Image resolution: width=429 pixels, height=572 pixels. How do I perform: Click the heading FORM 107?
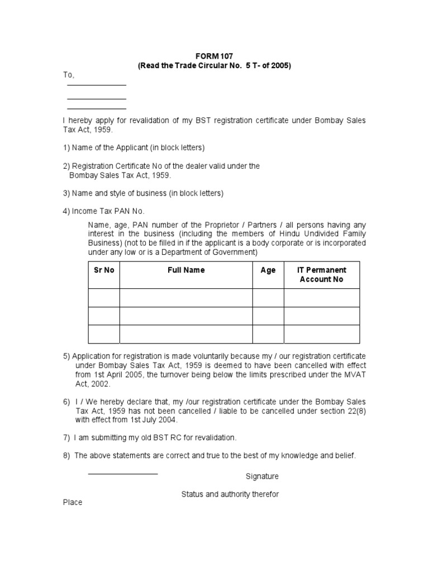(214, 56)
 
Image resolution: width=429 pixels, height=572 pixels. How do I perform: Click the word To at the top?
(68, 75)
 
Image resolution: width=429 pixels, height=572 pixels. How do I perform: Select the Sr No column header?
(103, 270)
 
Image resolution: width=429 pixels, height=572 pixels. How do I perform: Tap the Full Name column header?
(186, 270)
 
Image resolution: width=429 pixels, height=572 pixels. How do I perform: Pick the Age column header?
(268, 270)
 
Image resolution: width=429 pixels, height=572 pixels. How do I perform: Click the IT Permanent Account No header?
(322, 274)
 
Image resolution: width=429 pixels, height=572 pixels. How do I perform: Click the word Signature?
(262, 476)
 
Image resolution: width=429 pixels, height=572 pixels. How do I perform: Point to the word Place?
(73, 502)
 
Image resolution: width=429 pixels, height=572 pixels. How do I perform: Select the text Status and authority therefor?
(230, 494)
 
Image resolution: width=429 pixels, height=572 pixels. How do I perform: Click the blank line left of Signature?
(123, 474)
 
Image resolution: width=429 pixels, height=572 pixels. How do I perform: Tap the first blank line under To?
(97, 85)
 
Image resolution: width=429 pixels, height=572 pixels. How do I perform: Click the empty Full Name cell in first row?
(186, 298)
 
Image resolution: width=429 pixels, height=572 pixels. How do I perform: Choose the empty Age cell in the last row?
(268, 334)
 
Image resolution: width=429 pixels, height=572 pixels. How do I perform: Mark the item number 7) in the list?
(66, 437)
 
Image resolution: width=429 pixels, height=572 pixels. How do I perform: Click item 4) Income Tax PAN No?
(103, 211)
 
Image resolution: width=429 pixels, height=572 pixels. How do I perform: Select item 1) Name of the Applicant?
(134, 147)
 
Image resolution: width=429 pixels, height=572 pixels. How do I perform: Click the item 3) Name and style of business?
(143, 193)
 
